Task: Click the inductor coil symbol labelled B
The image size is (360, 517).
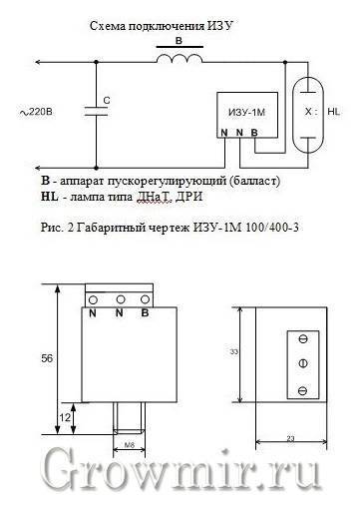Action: click(180, 58)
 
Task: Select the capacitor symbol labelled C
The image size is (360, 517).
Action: click(96, 112)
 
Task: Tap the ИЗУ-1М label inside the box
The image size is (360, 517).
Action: click(246, 113)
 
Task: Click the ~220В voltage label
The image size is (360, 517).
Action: click(36, 112)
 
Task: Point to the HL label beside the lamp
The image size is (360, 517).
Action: click(334, 112)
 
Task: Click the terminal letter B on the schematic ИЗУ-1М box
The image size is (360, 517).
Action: click(254, 133)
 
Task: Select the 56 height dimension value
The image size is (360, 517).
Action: click(47, 358)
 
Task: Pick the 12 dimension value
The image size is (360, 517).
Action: click(65, 417)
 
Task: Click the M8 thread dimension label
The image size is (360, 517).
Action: click(130, 445)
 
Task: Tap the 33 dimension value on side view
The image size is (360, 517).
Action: click(234, 351)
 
